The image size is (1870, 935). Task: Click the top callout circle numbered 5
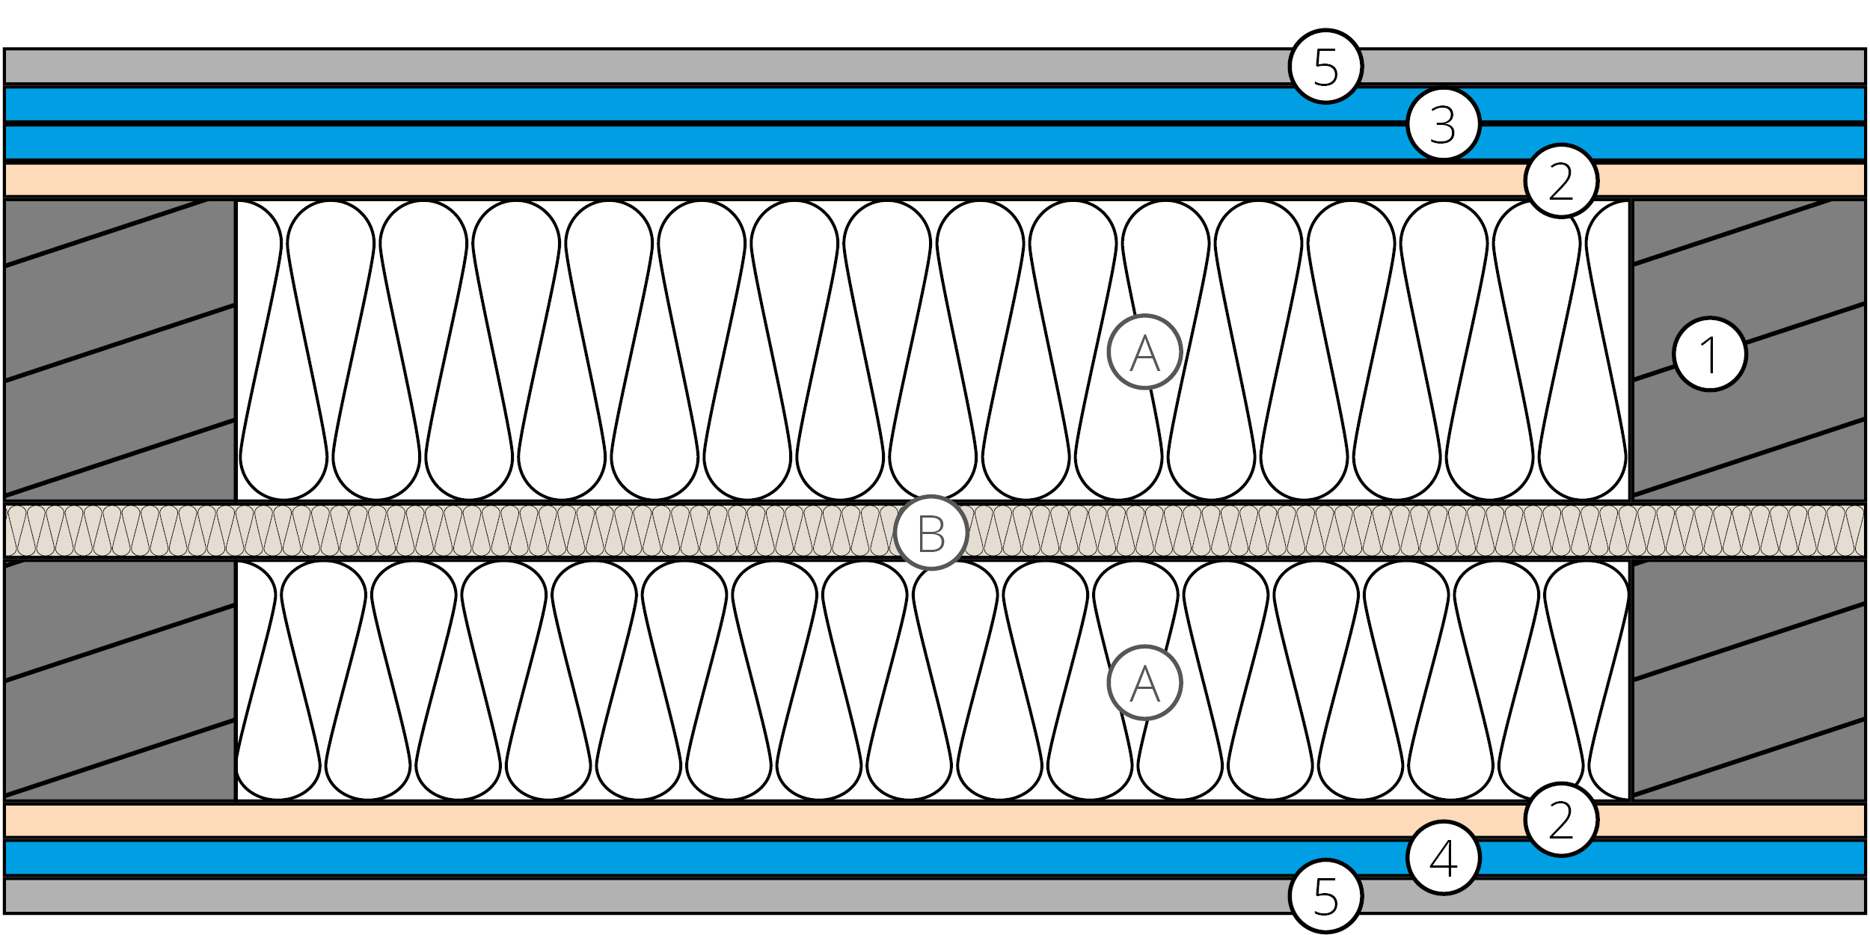point(1325,67)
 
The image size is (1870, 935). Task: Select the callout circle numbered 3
point(1443,124)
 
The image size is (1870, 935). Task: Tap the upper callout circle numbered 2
point(1561,181)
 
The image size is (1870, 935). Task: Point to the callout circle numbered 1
point(1709,354)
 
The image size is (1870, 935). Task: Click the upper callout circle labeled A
point(1144,352)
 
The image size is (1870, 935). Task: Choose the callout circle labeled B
point(931,533)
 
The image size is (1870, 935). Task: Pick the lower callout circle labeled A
point(1144,683)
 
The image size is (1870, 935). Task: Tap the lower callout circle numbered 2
point(1561,820)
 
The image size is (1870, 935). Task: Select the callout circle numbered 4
point(1443,858)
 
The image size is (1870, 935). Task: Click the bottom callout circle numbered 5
point(1325,896)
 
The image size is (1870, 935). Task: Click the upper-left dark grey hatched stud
point(120,348)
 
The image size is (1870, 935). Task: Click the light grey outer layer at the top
point(598,67)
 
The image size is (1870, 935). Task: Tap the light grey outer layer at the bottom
point(598,896)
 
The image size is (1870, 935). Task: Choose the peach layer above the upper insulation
point(598,180)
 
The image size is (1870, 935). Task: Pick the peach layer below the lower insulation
point(598,821)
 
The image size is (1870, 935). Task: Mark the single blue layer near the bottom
point(598,858)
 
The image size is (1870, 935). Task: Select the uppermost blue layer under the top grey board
point(598,105)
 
